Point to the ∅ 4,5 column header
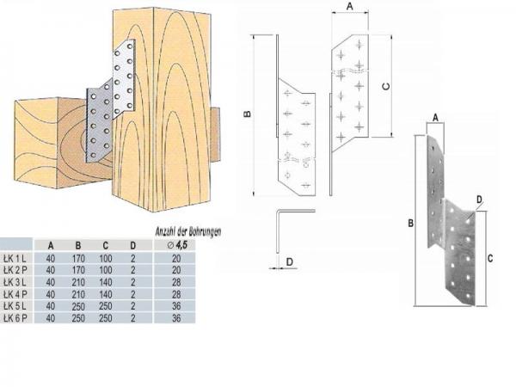click(x=178, y=243)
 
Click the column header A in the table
click(x=52, y=243)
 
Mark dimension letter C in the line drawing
click(x=386, y=86)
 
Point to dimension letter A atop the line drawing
click(x=349, y=6)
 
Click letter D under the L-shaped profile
click(x=290, y=260)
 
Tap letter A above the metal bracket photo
click(x=435, y=117)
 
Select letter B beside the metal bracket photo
click(x=410, y=223)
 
